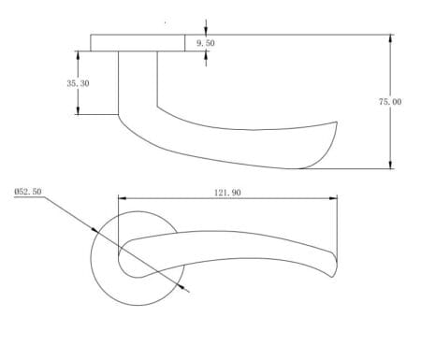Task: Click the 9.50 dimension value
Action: [x=205, y=44]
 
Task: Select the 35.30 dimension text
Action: [x=78, y=83]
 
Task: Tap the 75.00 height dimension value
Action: [x=390, y=101]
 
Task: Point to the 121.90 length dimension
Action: [x=228, y=192]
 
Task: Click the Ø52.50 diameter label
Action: [x=29, y=191]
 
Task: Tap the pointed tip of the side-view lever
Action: [x=335, y=122]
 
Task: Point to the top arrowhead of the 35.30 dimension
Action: [x=78, y=53]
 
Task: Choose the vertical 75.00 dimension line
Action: [x=390, y=131]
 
